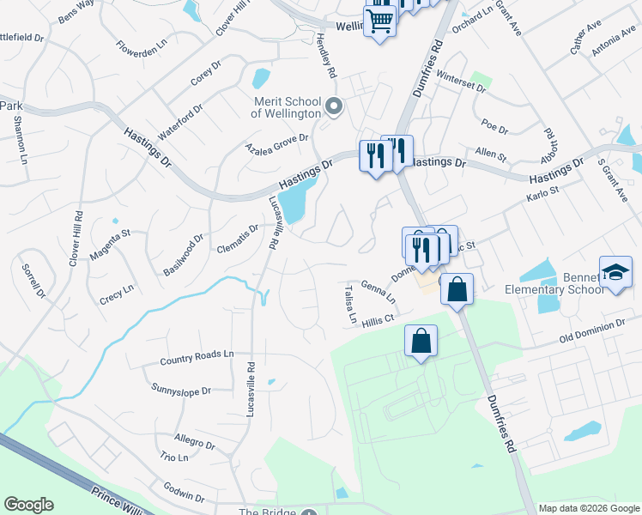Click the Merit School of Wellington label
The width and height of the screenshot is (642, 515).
tap(286, 106)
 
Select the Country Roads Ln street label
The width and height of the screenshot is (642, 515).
tap(197, 354)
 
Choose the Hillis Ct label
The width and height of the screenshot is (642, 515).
tap(377, 322)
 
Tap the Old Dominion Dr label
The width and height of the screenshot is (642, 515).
tap(592, 330)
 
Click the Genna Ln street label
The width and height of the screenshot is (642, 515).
tap(379, 291)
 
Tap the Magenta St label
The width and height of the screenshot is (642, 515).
tap(112, 242)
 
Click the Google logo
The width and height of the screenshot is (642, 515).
tap(28, 505)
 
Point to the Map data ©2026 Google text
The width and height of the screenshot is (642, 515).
tap(589, 508)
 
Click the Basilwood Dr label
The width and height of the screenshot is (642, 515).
tap(184, 255)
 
